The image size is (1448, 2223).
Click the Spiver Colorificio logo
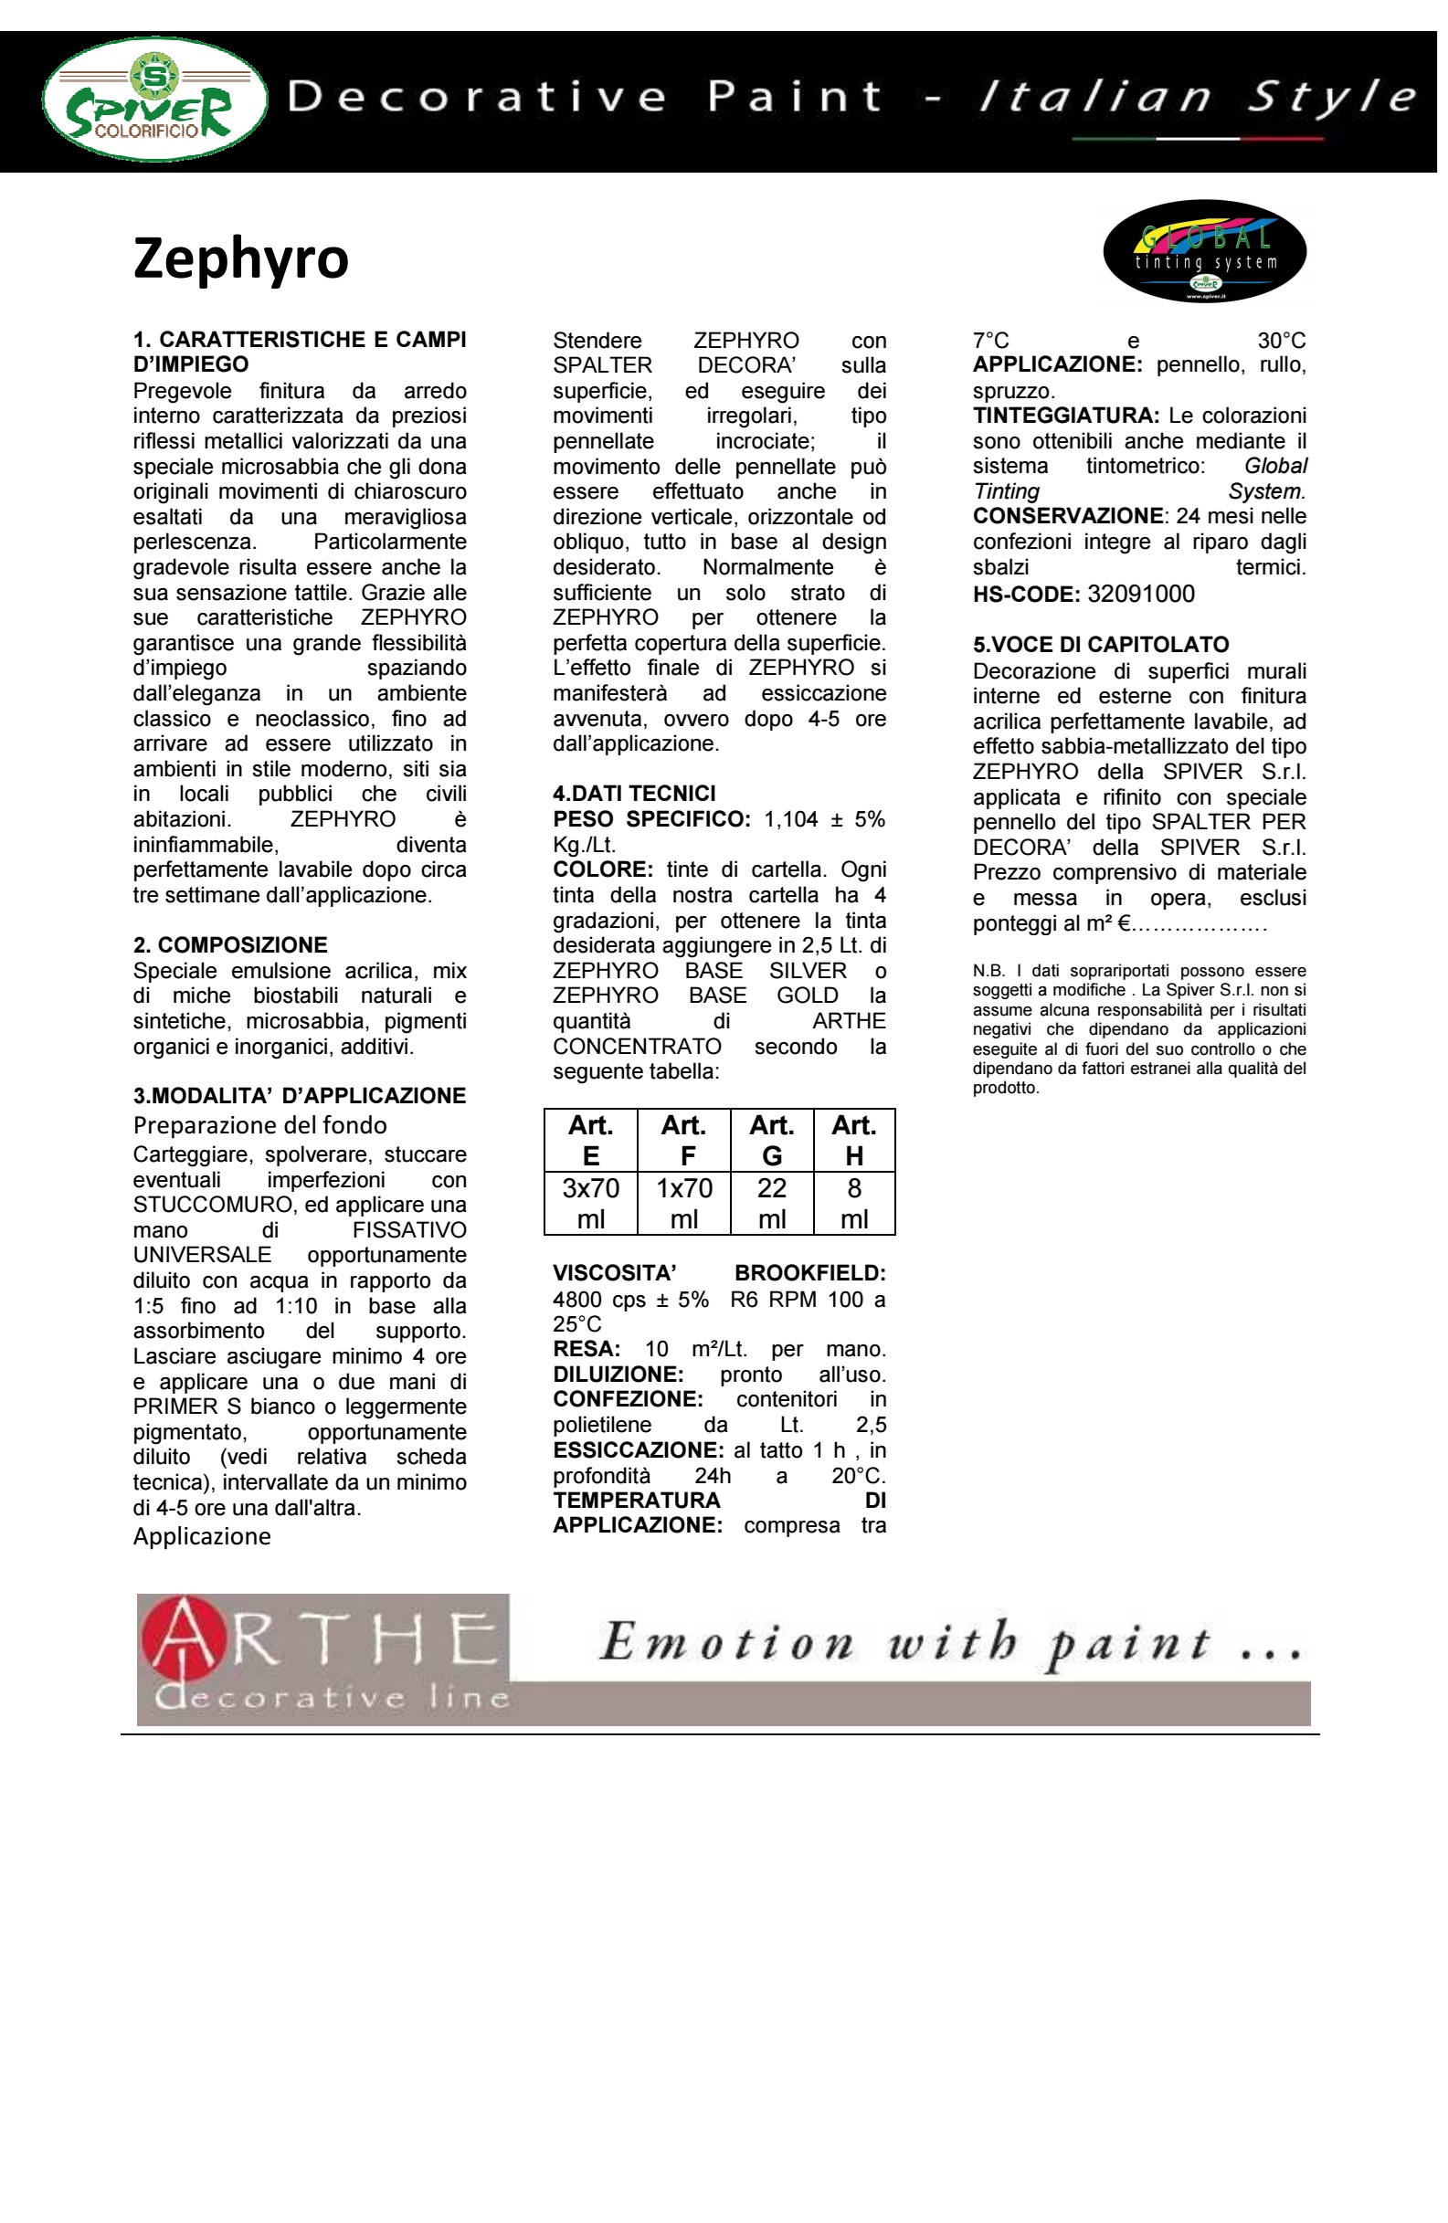tap(155, 100)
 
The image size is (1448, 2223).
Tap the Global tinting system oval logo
tap(1204, 251)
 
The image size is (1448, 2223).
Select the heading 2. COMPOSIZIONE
tap(230, 944)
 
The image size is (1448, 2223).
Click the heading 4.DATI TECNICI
tap(633, 793)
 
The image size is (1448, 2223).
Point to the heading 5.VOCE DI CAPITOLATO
tap(1101, 645)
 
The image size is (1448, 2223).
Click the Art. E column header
tap(590, 1141)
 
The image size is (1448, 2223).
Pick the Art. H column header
tap(854, 1141)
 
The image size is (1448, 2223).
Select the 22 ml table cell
tap(772, 1203)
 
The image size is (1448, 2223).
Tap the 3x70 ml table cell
tap(590, 1203)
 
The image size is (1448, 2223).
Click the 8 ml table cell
tap(854, 1203)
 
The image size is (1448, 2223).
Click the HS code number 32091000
tap(1141, 594)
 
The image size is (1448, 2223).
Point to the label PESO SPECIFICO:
tap(651, 819)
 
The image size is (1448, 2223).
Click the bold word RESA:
tap(586, 1349)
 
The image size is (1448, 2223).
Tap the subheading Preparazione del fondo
tap(259, 1124)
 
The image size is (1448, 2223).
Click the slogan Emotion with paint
tap(948, 1644)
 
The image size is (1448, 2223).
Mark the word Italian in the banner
tap(1094, 97)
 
